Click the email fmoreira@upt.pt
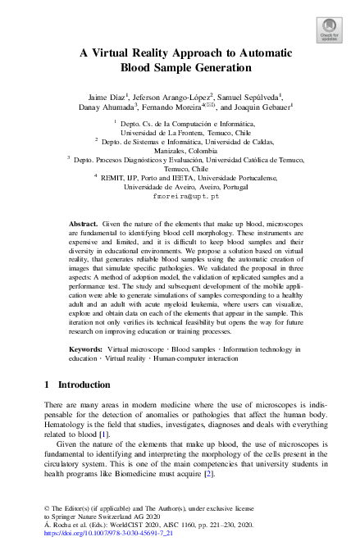186,197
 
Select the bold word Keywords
86,349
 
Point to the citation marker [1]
103,433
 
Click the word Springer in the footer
63,516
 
